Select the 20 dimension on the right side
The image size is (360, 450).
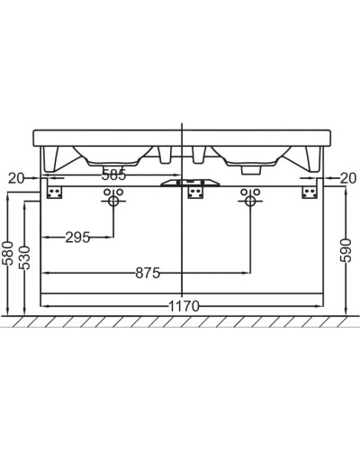point(346,178)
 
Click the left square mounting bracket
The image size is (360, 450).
point(55,192)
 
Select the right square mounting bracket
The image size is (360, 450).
point(310,192)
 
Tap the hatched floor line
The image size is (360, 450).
point(180,319)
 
